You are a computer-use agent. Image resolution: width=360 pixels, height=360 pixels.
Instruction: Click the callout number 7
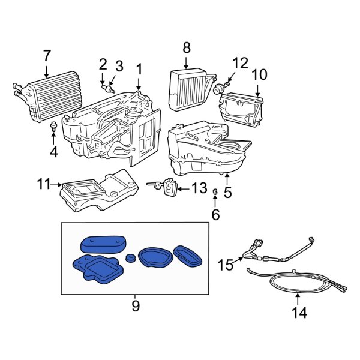pos(46,56)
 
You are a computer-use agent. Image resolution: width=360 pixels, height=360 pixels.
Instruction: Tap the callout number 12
pos(240,62)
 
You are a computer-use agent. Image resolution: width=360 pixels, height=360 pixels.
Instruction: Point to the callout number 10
pos(259,75)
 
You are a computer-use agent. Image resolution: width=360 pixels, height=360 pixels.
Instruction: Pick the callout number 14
pos(298,313)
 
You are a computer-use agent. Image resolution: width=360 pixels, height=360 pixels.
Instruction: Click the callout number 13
pos(199,188)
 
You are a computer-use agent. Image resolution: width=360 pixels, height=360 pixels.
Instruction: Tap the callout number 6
pos(215,214)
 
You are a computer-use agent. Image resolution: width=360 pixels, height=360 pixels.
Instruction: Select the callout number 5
pos(227,193)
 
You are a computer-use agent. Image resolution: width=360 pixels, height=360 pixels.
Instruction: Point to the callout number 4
pos(54,152)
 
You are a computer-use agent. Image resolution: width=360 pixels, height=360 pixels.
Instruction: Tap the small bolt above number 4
pos(54,127)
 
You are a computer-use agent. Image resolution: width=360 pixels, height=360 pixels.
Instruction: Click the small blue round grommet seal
pos(129,257)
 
